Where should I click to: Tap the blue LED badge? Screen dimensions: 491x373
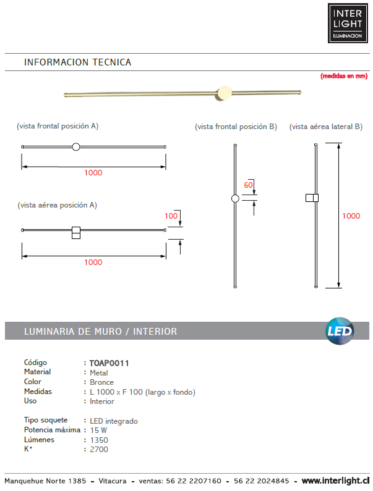[340, 331]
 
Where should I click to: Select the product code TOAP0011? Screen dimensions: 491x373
[109, 363]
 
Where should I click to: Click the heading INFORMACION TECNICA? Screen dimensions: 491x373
[77, 62]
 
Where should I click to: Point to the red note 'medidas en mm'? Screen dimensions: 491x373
[344, 76]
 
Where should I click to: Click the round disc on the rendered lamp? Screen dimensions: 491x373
[224, 93]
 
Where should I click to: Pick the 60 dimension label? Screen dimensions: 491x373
[249, 185]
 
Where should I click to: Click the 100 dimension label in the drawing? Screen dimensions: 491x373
[171, 216]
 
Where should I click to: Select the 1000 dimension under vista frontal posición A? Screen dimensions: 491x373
[93, 173]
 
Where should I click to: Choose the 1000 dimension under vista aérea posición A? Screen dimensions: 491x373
[93, 262]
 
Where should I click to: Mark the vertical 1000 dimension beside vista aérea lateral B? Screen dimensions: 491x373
[351, 216]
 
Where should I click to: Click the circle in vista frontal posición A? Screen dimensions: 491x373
[76, 146]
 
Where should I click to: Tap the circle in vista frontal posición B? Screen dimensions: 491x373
[234, 199]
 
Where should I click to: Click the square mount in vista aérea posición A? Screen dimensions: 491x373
[76, 232]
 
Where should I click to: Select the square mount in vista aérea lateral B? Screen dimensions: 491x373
[312, 198]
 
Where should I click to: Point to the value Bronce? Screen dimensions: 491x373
[102, 382]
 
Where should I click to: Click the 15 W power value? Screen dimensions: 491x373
[98, 430]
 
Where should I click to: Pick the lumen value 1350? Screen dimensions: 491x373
[99, 440]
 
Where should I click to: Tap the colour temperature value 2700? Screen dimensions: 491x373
[99, 450]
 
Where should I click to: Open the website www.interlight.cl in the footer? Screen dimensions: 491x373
[336, 481]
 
